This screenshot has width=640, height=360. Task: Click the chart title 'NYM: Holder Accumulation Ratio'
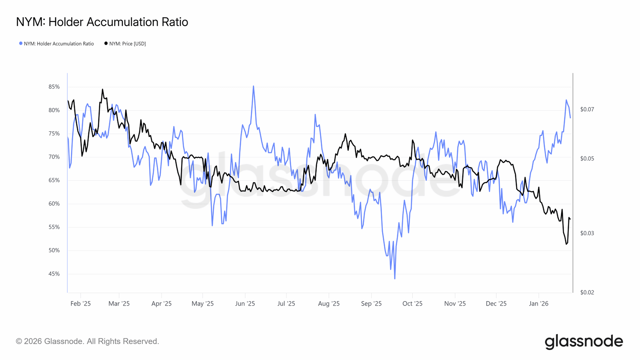[x=102, y=22]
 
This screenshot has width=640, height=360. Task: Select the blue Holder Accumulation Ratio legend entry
[x=56, y=44]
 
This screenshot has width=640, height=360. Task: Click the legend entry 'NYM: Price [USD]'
[x=125, y=44]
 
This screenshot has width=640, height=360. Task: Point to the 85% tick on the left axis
[x=54, y=87]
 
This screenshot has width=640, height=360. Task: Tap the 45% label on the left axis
[x=54, y=274]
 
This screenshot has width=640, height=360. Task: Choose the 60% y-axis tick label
[x=54, y=204]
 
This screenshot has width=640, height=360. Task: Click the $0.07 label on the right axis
[x=587, y=109]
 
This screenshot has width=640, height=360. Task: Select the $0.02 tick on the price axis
[x=587, y=292]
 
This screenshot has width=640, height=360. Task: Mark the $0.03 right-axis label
[x=587, y=233]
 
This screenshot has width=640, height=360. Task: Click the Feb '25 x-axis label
[x=80, y=304]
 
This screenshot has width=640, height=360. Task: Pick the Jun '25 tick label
[x=245, y=304]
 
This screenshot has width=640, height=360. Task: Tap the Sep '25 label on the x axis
[x=371, y=304]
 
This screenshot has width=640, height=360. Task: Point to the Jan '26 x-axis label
[x=539, y=304]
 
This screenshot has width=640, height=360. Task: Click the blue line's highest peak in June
[x=253, y=86]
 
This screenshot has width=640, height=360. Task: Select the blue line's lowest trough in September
[x=395, y=278]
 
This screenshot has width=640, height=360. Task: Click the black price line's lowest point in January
[x=566, y=244]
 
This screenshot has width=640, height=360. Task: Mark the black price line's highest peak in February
[x=102, y=89]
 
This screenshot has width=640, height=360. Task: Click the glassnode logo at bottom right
[x=584, y=342]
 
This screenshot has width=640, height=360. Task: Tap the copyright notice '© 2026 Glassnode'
[x=87, y=341]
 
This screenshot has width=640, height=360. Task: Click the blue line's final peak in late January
[x=566, y=100]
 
